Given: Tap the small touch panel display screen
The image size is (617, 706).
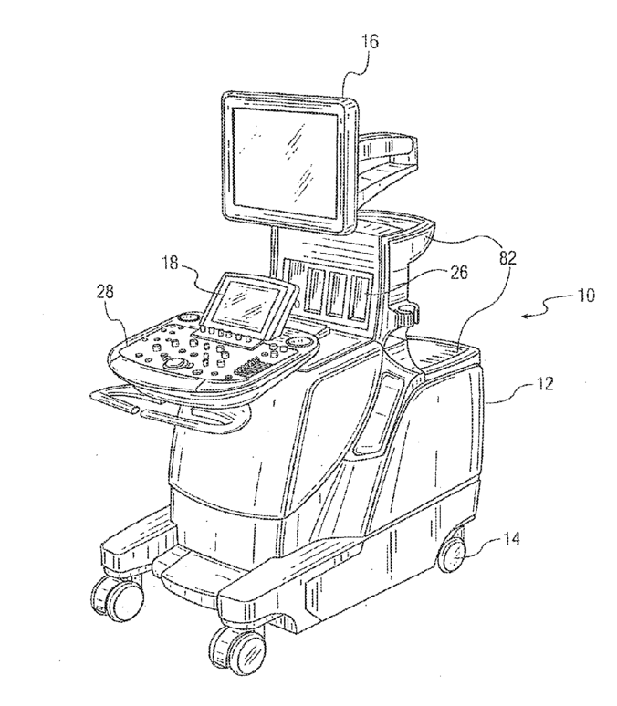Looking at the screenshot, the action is tap(246, 304).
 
